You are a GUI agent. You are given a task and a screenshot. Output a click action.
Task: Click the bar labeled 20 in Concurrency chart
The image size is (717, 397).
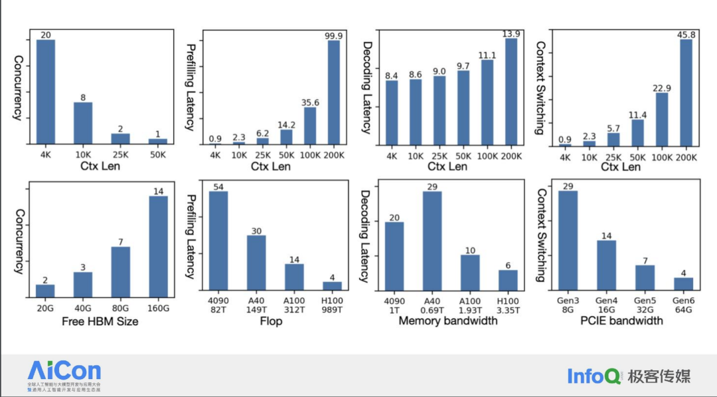coord(46,92)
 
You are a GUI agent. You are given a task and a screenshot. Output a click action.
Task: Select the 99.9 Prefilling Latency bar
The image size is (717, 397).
coord(334,92)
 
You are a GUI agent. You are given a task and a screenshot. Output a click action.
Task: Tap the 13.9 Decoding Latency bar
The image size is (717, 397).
coord(511,91)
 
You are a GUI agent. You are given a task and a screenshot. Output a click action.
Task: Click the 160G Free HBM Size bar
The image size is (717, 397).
coord(158,246)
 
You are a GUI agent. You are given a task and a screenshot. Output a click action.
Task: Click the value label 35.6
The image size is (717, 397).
coord(310,102)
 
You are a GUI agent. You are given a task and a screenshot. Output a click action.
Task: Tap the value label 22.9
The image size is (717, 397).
coord(662,88)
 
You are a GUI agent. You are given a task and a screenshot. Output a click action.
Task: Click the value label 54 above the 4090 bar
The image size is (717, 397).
coord(218,186)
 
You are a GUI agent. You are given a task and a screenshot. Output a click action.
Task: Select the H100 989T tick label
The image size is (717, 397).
coord(332,305)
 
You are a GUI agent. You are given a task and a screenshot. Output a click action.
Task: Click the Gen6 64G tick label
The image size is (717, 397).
coord(683,305)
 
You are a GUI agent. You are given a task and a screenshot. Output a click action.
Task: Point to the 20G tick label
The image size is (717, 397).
coord(46,309)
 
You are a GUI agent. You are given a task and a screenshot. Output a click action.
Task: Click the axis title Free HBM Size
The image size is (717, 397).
coord(100,322)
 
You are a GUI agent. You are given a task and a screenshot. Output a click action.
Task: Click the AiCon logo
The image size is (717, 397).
coord(64,374)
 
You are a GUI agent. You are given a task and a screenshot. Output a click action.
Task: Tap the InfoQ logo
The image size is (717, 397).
coord(594,376)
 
